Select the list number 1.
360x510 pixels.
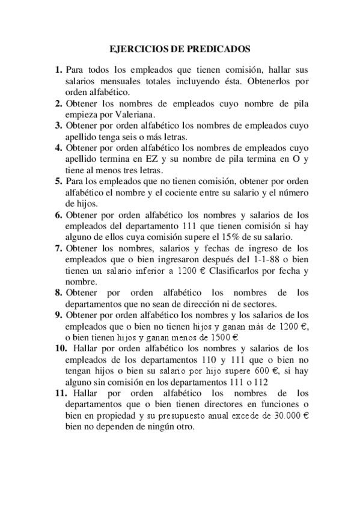(59, 70)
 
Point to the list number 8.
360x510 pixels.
(59, 293)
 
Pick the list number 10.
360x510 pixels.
(61, 348)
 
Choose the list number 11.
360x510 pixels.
(61, 393)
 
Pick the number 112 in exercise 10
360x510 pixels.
(262, 382)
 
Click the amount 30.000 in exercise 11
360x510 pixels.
(279, 417)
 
